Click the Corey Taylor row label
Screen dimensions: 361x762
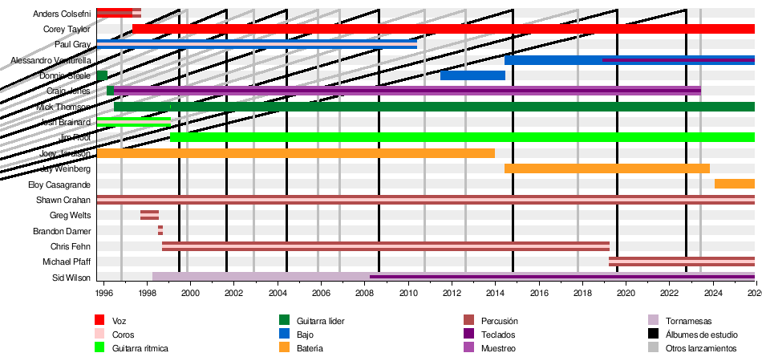67,29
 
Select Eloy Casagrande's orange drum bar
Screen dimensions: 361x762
734,185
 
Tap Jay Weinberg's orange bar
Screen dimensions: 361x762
606,168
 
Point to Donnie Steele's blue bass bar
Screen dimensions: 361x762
472,75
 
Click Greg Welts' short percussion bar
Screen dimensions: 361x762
149,215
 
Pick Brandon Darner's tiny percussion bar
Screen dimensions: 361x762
160,231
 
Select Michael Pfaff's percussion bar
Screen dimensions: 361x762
681,262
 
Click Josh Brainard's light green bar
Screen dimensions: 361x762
133,122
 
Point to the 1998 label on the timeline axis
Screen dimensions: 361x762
147,294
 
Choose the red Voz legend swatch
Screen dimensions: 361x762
100,321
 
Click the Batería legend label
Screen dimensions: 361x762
310,348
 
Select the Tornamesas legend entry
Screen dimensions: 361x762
688,321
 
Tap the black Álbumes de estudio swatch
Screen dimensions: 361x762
654,335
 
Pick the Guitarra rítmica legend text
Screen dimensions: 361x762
140,348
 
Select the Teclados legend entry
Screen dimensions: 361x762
498,335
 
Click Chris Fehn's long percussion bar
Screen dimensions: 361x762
385,246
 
